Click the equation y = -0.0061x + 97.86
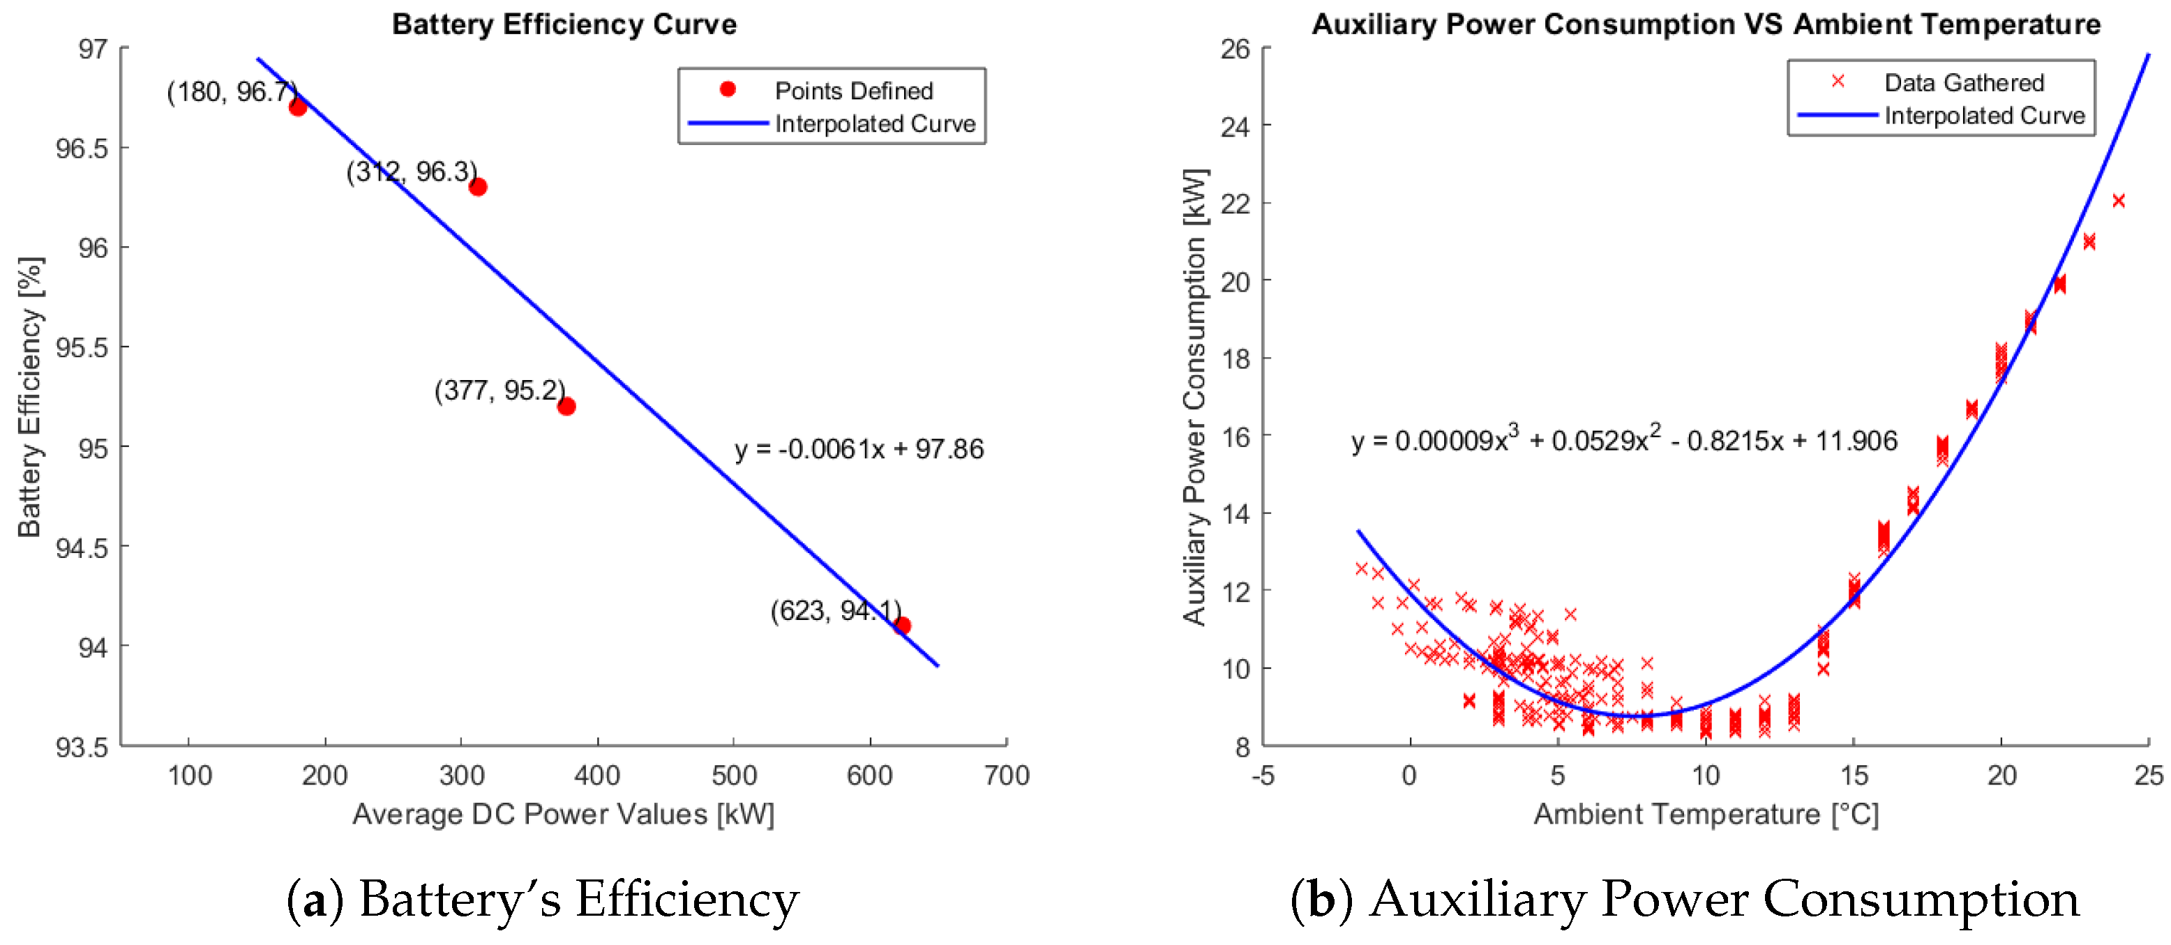(858, 449)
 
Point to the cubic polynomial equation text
(1623, 441)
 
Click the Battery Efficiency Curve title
(564, 24)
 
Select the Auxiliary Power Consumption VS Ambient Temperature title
(1706, 24)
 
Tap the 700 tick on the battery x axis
(1006, 774)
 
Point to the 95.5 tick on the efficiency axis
(82, 347)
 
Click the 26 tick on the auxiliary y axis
(1235, 49)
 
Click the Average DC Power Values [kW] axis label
(563, 814)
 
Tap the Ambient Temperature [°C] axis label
(1706, 814)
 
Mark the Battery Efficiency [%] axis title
(30, 396)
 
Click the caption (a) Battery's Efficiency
(543, 899)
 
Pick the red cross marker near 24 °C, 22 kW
(2118, 200)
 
